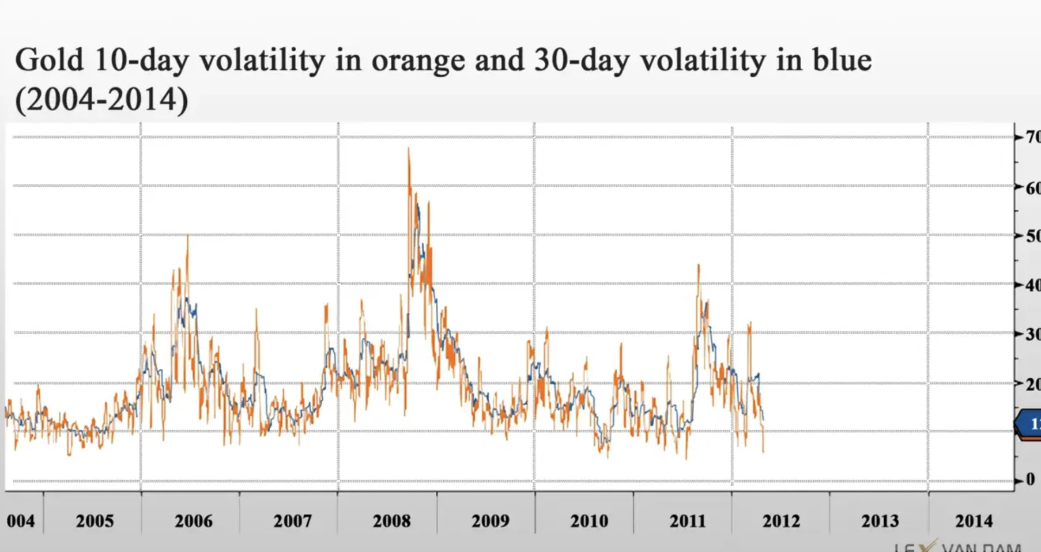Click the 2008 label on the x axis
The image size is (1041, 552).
coord(391,521)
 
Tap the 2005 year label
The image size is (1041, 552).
coord(95,521)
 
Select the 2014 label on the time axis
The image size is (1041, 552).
coord(974,521)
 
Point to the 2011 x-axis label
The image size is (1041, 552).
coord(687,521)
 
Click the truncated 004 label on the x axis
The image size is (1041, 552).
coord(21,521)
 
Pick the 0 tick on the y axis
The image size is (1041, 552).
coord(1030,479)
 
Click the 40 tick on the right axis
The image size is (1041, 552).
coord(1032,285)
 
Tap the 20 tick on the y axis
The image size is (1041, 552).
coord(1032,384)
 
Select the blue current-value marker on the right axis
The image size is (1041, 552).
coord(1029,425)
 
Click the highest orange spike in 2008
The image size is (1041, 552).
coord(409,149)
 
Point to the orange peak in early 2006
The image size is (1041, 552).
coord(187,236)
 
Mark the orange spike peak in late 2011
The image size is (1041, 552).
coord(698,265)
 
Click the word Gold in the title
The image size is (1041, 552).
coord(49,60)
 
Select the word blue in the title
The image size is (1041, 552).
coord(842,60)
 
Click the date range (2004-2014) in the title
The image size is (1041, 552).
coord(101,99)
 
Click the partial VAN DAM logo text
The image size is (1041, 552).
coord(980,546)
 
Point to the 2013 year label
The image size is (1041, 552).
coord(880,521)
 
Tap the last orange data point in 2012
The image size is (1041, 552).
coord(763,452)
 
